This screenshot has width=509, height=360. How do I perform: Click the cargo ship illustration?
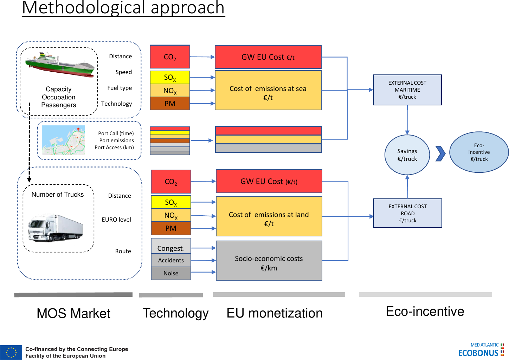(60, 65)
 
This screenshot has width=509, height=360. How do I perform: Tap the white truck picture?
(56, 228)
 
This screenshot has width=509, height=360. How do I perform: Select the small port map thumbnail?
(63, 140)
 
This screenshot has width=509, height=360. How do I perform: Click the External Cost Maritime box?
(407, 90)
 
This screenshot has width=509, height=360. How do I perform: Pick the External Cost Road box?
(408, 214)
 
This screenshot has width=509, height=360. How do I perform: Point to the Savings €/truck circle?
(407, 155)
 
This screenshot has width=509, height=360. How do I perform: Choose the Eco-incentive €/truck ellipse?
(479, 152)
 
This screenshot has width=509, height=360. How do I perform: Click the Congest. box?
(171, 246)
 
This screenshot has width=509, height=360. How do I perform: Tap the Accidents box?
(171, 260)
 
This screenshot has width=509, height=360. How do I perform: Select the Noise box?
(171, 273)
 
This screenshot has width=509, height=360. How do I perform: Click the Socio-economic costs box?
(269, 261)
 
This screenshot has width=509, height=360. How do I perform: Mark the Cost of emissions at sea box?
(268, 90)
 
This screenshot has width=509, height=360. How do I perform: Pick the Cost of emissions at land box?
(269, 216)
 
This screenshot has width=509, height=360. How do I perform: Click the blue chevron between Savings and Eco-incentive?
(440, 154)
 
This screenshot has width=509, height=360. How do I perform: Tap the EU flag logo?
(11, 353)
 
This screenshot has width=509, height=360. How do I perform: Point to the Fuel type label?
(120, 88)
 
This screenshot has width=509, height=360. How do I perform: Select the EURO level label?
(116, 220)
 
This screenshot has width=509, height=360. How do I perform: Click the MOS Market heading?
(73, 314)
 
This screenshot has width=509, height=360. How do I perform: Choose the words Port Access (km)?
(114, 148)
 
